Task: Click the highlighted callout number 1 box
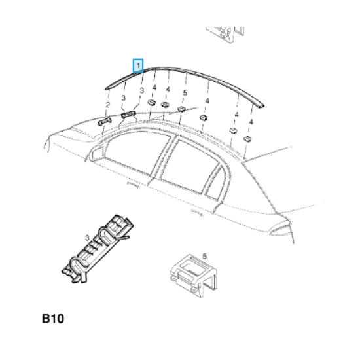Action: pos(138,65)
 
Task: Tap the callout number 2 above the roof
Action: pos(108,105)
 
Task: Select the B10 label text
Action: pos(53,319)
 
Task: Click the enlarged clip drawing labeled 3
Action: pos(98,249)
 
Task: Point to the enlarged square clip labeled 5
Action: pos(193,275)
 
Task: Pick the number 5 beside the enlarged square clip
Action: pos(205,256)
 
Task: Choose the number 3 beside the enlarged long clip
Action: pos(87,238)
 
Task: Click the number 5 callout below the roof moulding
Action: pos(185,92)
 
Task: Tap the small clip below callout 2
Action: pos(105,121)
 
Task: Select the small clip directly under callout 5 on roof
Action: pos(181,109)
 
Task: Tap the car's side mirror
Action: pos(96,153)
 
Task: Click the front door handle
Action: pos(133,185)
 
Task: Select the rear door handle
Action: pos(197,212)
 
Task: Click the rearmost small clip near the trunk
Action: pos(247,139)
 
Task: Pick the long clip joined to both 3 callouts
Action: pos(128,114)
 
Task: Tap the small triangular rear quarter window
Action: pos(214,184)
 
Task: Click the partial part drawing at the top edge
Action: pos(225,35)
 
